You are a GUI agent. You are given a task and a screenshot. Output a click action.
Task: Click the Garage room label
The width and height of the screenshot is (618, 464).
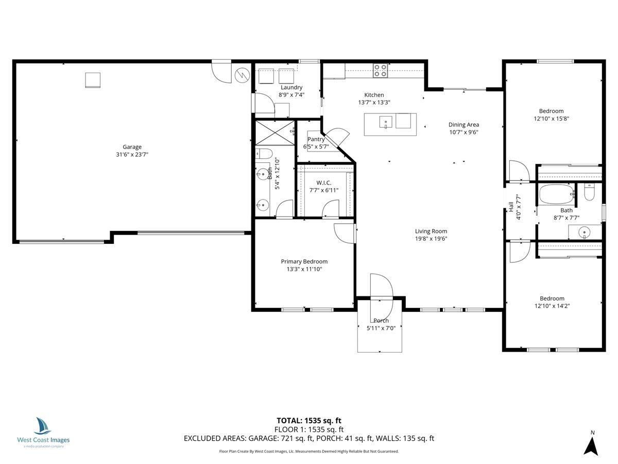pyautogui.click(x=132, y=147)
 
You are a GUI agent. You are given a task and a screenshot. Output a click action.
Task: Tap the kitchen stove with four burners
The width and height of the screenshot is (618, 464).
pyautogui.click(x=381, y=70)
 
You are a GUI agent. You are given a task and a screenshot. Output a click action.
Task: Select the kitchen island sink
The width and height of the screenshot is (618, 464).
pyautogui.click(x=386, y=122)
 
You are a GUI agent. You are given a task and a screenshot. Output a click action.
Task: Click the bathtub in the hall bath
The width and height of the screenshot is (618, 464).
pyautogui.click(x=556, y=195)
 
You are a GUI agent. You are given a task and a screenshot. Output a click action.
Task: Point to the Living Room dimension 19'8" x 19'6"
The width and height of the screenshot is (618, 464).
pyautogui.click(x=431, y=239)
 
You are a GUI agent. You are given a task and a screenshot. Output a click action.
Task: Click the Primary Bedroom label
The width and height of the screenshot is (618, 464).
pyautogui.click(x=304, y=261)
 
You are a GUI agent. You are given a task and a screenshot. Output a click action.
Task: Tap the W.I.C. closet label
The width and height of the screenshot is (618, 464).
pyautogui.click(x=324, y=183)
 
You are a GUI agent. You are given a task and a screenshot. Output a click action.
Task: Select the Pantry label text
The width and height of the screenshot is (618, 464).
pyautogui.click(x=316, y=139)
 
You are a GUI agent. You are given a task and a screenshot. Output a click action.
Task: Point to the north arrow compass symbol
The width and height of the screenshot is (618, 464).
pyautogui.click(x=592, y=444)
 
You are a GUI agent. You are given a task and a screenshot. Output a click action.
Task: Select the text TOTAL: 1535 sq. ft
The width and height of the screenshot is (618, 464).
pyautogui.click(x=309, y=420)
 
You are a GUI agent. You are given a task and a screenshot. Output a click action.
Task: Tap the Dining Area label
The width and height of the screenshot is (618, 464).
pyautogui.click(x=463, y=124)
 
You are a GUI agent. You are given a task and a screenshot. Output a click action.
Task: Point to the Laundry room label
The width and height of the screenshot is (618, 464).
pyautogui.click(x=291, y=88)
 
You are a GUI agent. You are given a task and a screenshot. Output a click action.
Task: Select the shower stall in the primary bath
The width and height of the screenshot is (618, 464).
pyautogui.click(x=275, y=133)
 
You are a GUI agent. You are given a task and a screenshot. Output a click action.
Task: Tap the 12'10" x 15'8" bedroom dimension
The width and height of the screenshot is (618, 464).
pyautogui.click(x=551, y=118)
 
